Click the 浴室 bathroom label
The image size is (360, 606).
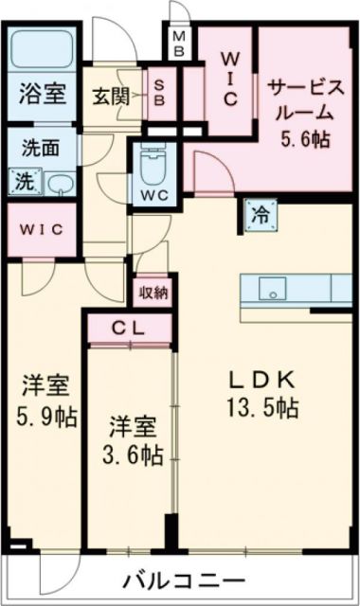pos(42,94)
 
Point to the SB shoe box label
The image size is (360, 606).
pos(160,92)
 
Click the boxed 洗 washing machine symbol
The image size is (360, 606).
pos(21,181)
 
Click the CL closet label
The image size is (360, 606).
pos(131,329)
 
